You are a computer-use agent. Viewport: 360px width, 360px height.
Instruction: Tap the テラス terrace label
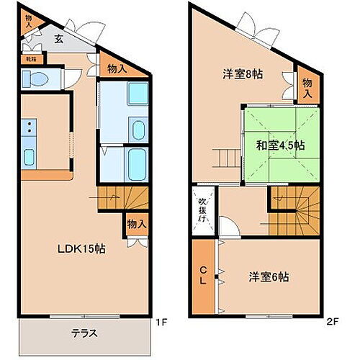(84, 333)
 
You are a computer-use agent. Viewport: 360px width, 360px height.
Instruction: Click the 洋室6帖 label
(269, 276)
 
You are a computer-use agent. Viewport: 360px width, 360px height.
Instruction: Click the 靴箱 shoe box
(32, 60)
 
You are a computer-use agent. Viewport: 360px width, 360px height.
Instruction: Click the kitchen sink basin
(30, 157)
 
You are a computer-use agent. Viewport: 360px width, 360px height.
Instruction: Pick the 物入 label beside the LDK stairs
(136, 224)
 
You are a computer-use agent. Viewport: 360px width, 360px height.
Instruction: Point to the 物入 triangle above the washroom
(117, 69)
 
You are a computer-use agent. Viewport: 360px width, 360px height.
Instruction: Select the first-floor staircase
(122, 197)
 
